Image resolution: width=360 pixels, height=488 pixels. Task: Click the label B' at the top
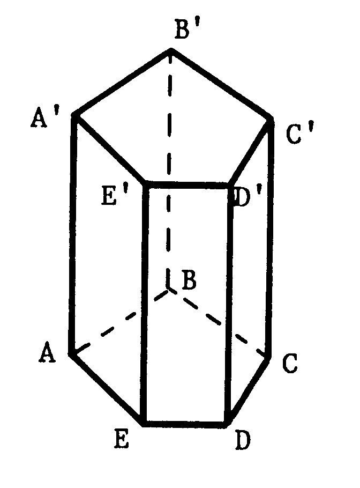186,29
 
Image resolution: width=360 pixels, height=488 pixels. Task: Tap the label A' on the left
44,117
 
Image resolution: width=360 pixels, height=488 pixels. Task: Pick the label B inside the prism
189,280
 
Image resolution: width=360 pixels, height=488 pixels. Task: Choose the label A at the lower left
47,352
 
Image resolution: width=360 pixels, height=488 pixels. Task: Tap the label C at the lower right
290,363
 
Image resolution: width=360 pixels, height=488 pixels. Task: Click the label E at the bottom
121,439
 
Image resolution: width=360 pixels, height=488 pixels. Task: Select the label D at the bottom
243,440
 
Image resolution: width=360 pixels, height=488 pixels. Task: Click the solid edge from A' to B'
122,82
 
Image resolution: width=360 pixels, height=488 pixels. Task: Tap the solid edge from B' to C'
222,84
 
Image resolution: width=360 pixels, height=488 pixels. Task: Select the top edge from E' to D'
188,184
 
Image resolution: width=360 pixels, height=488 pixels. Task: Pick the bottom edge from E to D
184,424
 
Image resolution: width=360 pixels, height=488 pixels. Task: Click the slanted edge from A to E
106,389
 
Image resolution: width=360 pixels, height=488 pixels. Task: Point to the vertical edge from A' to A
73,235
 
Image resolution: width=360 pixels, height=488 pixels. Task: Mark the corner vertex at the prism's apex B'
171,50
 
